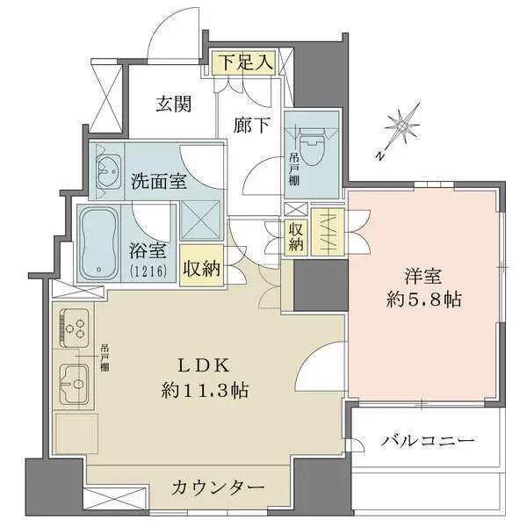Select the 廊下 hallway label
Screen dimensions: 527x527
(x=253, y=124)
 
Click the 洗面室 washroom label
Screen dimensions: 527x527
(x=158, y=182)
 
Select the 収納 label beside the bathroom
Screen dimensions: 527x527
(x=202, y=267)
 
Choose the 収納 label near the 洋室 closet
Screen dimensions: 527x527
(x=297, y=235)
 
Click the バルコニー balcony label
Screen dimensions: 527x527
(x=428, y=439)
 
